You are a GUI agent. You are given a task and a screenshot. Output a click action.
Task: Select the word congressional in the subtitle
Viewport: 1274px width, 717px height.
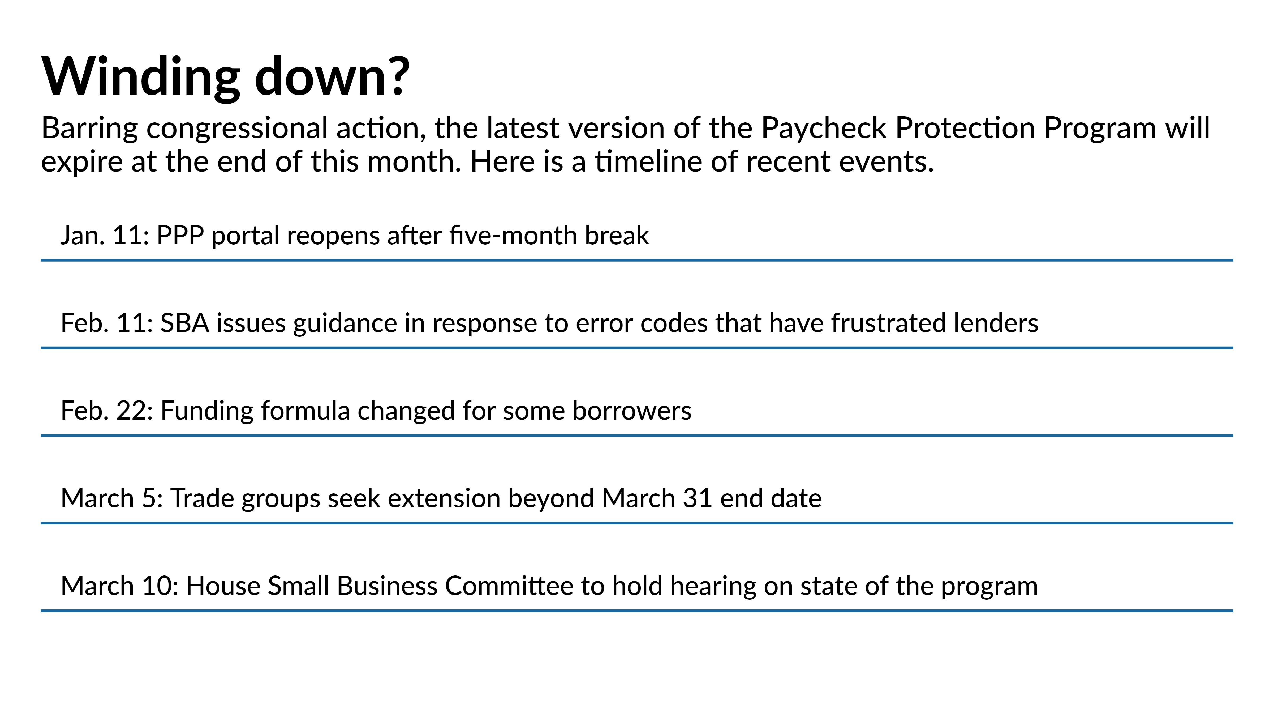click(237, 129)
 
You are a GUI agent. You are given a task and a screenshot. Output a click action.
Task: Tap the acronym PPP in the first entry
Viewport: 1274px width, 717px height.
click(180, 236)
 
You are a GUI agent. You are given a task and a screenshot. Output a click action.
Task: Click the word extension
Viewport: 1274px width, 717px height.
click(444, 498)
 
